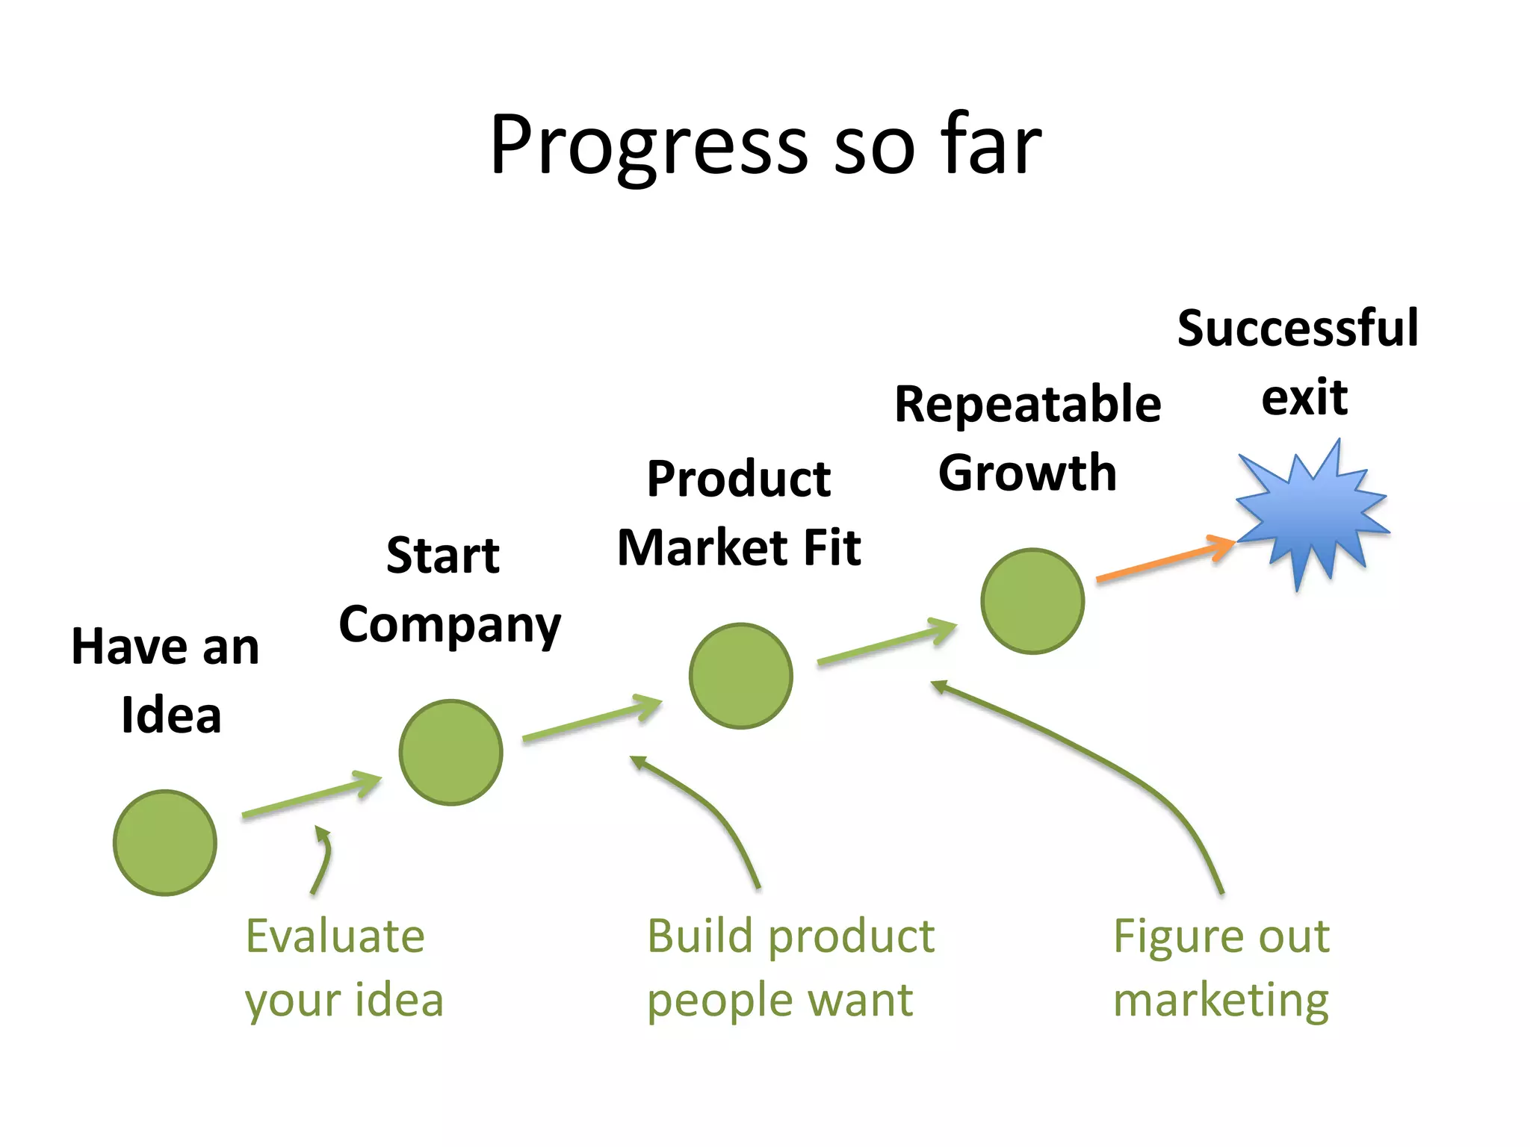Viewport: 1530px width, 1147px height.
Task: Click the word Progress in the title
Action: click(x=648, y=146)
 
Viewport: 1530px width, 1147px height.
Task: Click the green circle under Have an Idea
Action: click(x=165, y=842)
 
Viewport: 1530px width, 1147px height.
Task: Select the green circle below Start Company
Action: click(x=450, y=752)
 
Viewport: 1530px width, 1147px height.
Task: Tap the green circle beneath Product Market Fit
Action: click(x=740, y=676)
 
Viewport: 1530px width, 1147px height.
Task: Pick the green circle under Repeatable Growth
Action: click(x=1032, y=601)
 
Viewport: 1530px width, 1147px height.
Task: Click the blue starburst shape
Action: click(x=1313, y=515)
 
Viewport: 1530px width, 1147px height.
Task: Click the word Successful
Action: click(x=1298, y=329)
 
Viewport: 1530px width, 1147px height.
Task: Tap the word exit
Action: click(x=1304, y=397)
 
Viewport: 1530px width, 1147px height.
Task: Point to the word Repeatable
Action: click(x=1027, y=405)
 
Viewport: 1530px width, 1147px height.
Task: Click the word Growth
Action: click(x=1027, y=473)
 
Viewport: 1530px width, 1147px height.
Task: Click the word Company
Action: click(x=450, y=626)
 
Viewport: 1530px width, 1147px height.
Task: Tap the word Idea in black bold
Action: click(x=171, y=715)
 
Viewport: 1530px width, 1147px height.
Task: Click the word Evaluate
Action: click(x=335, y=936)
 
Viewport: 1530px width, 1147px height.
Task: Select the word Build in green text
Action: click(x=699, y=936)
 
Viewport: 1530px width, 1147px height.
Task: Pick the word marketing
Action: click(x=1221, y=1001)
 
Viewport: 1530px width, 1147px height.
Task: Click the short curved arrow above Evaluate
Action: click(x=323, y=859)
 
